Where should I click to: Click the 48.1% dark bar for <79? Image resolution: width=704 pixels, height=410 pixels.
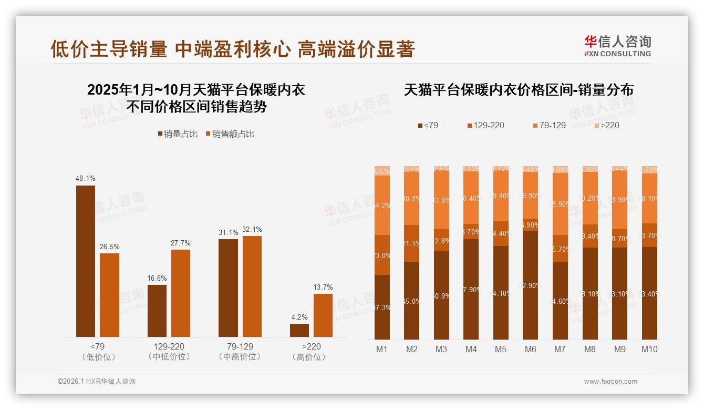tap(86, 261)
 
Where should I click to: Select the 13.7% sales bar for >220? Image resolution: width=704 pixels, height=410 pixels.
tap(323, 315)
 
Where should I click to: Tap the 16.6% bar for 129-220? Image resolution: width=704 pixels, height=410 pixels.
tap(157, 311)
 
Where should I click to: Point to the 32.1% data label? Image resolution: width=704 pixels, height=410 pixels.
tap(252, 230)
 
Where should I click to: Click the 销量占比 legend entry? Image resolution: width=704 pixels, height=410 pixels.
tap(178, 134)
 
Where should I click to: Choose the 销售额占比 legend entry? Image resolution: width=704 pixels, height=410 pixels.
tap(230, 134)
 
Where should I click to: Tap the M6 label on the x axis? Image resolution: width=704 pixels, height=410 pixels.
tap(531, 349)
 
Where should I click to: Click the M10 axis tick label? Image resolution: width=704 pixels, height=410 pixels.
tap(649, 349)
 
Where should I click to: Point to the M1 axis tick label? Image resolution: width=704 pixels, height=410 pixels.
tap(382, 349)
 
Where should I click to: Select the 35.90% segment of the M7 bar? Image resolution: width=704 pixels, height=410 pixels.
tap(561, 204)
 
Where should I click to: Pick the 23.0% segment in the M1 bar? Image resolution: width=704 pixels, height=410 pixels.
tap(382, 255)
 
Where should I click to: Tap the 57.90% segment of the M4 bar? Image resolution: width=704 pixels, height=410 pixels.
tap(471, 289)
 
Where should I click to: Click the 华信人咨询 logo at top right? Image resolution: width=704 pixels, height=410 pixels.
tap(617, 46)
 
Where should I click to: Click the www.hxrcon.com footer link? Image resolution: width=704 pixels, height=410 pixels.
tap(610, 382)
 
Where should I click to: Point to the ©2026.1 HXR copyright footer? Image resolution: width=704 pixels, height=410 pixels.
tap(97, 382)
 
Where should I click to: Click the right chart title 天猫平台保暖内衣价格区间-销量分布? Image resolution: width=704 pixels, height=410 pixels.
tap(519, 90)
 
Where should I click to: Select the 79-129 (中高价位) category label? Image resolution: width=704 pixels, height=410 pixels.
tap(240, 352)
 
